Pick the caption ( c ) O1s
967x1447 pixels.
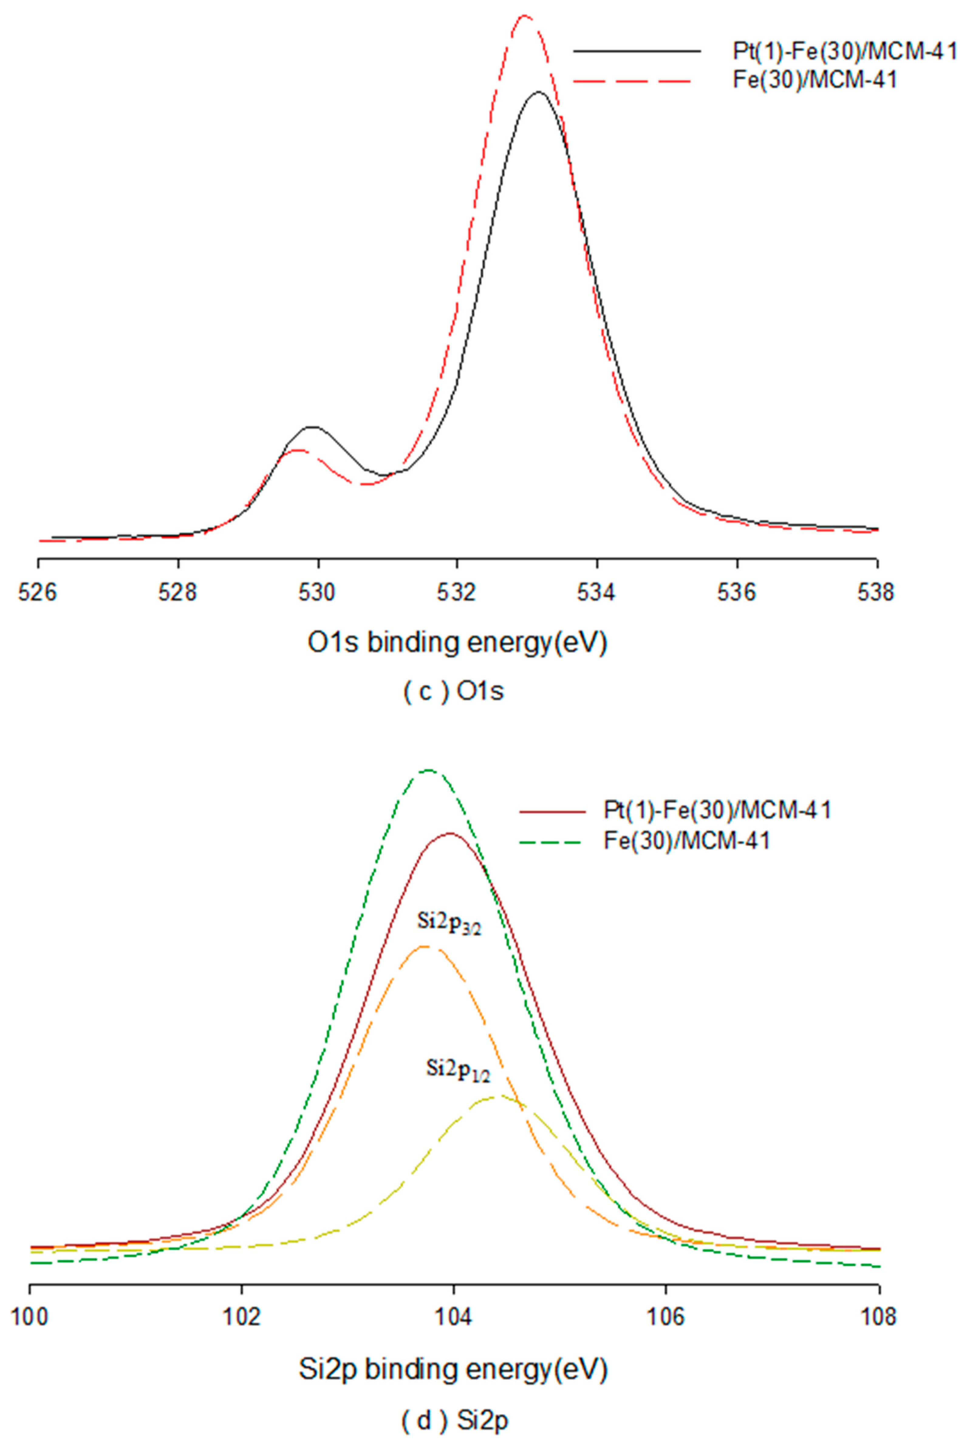click(453, 691)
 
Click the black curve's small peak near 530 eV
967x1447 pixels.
click(312, 427)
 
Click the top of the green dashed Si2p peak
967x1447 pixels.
click(428, 770)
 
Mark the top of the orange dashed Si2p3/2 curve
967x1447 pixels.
click(424, 946)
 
